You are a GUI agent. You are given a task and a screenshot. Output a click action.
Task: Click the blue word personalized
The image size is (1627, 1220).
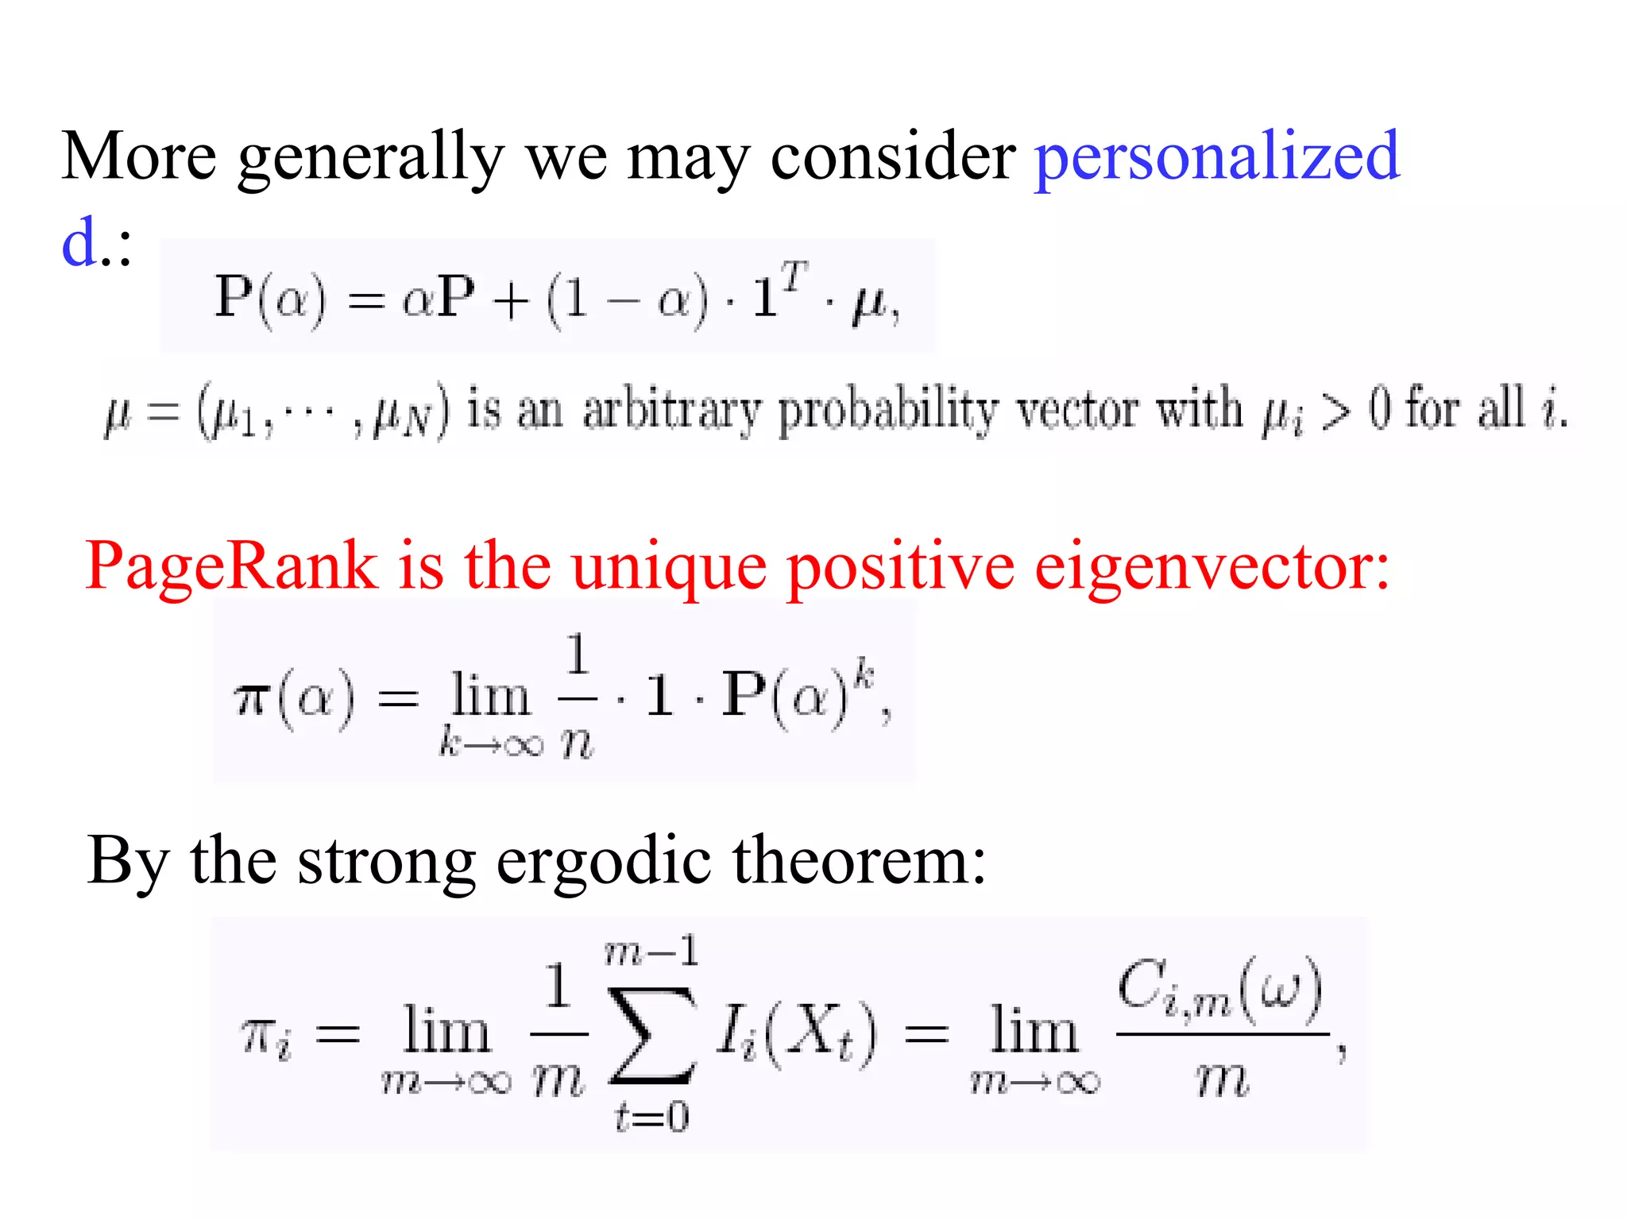pyautogui.click(x=1216, y=157)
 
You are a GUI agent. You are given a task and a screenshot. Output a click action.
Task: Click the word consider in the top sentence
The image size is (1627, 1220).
pyautogui.click(x=893, y=156)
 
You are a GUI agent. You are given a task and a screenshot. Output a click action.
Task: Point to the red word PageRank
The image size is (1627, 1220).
pyautogui.click(x=230, y=567)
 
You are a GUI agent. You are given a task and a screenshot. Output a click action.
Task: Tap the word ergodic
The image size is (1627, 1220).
pyautogui.click(x=603, y=863)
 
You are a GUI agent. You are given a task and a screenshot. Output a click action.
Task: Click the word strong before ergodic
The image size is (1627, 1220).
pyautogui.click(x=386, y=863)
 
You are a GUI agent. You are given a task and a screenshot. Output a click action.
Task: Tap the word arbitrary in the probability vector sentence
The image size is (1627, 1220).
pyautogui.click(x=671, y=411)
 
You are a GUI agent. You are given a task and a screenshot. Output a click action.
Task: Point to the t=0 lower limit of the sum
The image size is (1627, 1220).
pyautogui.click(x=651, y=1118)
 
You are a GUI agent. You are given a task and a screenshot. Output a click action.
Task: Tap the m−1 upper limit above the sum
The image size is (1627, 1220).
pyautogui.click(x=651, y=951)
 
